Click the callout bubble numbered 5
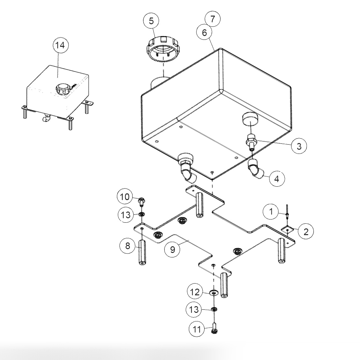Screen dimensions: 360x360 coord(151,21)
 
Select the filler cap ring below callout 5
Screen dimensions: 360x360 coord(163,50)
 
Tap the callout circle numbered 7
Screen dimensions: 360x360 coord(213,19)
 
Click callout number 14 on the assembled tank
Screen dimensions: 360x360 coord(60,45)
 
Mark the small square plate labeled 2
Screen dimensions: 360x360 coord(288,229)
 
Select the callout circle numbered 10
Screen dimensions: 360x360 coord(125,197)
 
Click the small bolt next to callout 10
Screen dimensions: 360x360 coord(141,201)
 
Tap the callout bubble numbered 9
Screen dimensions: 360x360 coord(172,249)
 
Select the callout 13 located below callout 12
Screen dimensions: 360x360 coord(194,309)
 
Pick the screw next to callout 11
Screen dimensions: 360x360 coord(214,328)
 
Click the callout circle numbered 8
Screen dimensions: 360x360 coord(127,246)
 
